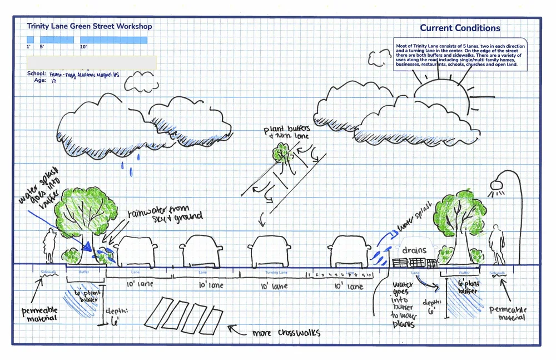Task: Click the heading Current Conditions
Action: click(460, 28)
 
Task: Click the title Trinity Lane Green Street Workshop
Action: click(89, 26)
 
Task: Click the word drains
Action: click(414, 250)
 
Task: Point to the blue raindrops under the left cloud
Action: click(122, 166)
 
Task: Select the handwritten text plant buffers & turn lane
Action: click(286, 133)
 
